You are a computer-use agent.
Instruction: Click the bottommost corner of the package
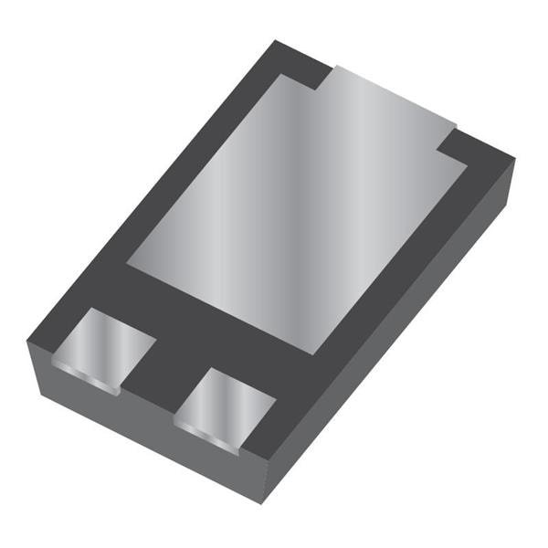262,503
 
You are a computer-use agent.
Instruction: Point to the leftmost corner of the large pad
128,265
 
